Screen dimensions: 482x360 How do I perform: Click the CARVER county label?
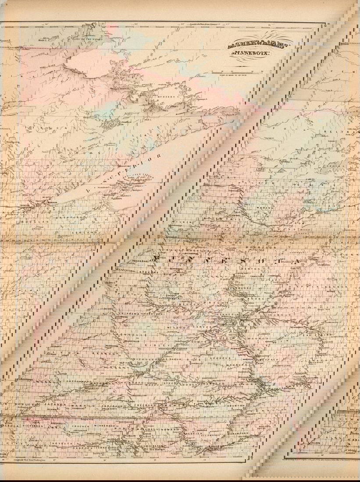(x=203, y=327)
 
